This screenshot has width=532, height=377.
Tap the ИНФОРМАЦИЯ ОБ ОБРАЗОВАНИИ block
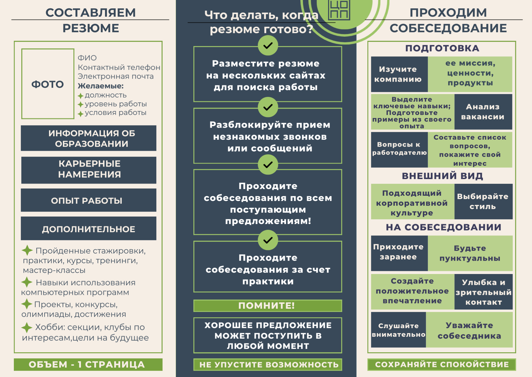[x=89, y=138]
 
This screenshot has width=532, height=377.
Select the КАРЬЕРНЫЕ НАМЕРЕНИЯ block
[x=89, y=170]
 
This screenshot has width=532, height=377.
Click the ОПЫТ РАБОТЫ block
[x=89, y=200]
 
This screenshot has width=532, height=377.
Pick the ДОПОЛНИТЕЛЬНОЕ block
[x=89, y=228]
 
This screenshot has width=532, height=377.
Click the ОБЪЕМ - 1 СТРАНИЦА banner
[x=88, y=365]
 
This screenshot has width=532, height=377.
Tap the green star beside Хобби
[x=27, y=328]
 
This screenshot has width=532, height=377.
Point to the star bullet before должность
[x=81, y=96]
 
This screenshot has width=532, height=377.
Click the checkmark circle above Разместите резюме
[x=268, y=45]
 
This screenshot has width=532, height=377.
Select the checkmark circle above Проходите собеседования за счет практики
[x=268, y=240]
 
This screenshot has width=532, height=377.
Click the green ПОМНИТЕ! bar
[x=268, y=306]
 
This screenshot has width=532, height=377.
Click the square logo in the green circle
[x=339, y=10]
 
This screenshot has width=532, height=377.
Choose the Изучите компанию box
[x=399, y=74]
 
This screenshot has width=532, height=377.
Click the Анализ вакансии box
[x=483, y=112]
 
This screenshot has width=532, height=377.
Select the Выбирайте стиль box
[x=483, y=202]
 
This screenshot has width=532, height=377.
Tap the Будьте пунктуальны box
[x=470, y=253]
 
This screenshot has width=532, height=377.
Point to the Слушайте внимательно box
[x=398, y=330]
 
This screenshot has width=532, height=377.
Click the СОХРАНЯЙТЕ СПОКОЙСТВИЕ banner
[x=442, y=365]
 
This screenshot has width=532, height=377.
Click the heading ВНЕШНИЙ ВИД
[x=443, y=176]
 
